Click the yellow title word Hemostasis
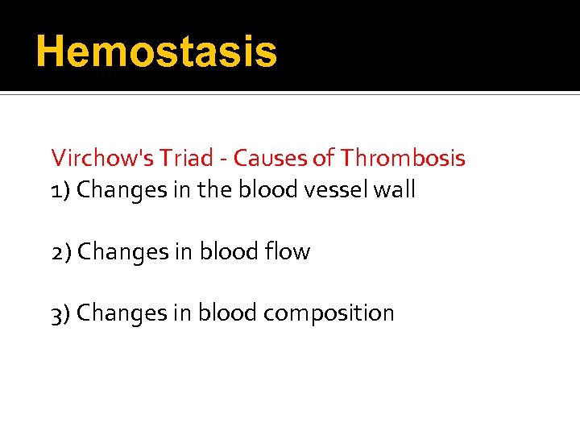pyautogui.click(x=156, y=52)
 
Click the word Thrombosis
pyautogui.click(x=403, y=158)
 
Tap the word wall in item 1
pyautogui.click(x=397, y=190)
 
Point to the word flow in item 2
pyautogui.click(x=288, y=252)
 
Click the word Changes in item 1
pyautogui.click(x=119, y=190)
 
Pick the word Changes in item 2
pyautogui.click(x=119, y=252)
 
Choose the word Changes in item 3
pyautogui.click(x=119, y=313)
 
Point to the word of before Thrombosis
pyautogui.click(x=322, y=158)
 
